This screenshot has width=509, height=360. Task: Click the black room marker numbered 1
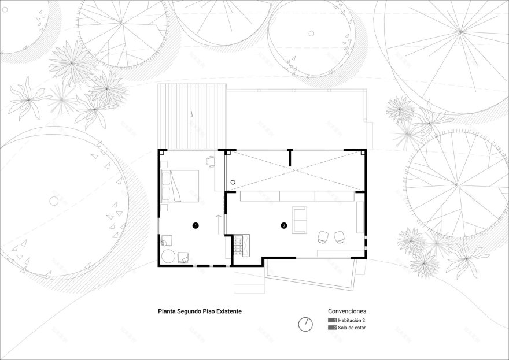196,225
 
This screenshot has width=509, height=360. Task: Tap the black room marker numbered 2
283,225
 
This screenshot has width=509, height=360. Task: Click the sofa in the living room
300,221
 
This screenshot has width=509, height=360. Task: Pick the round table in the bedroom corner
168,256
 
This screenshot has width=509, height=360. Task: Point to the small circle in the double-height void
233,181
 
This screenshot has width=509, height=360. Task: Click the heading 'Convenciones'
347,310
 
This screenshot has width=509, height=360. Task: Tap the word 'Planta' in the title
168,310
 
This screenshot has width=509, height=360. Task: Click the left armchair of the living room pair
323,236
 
